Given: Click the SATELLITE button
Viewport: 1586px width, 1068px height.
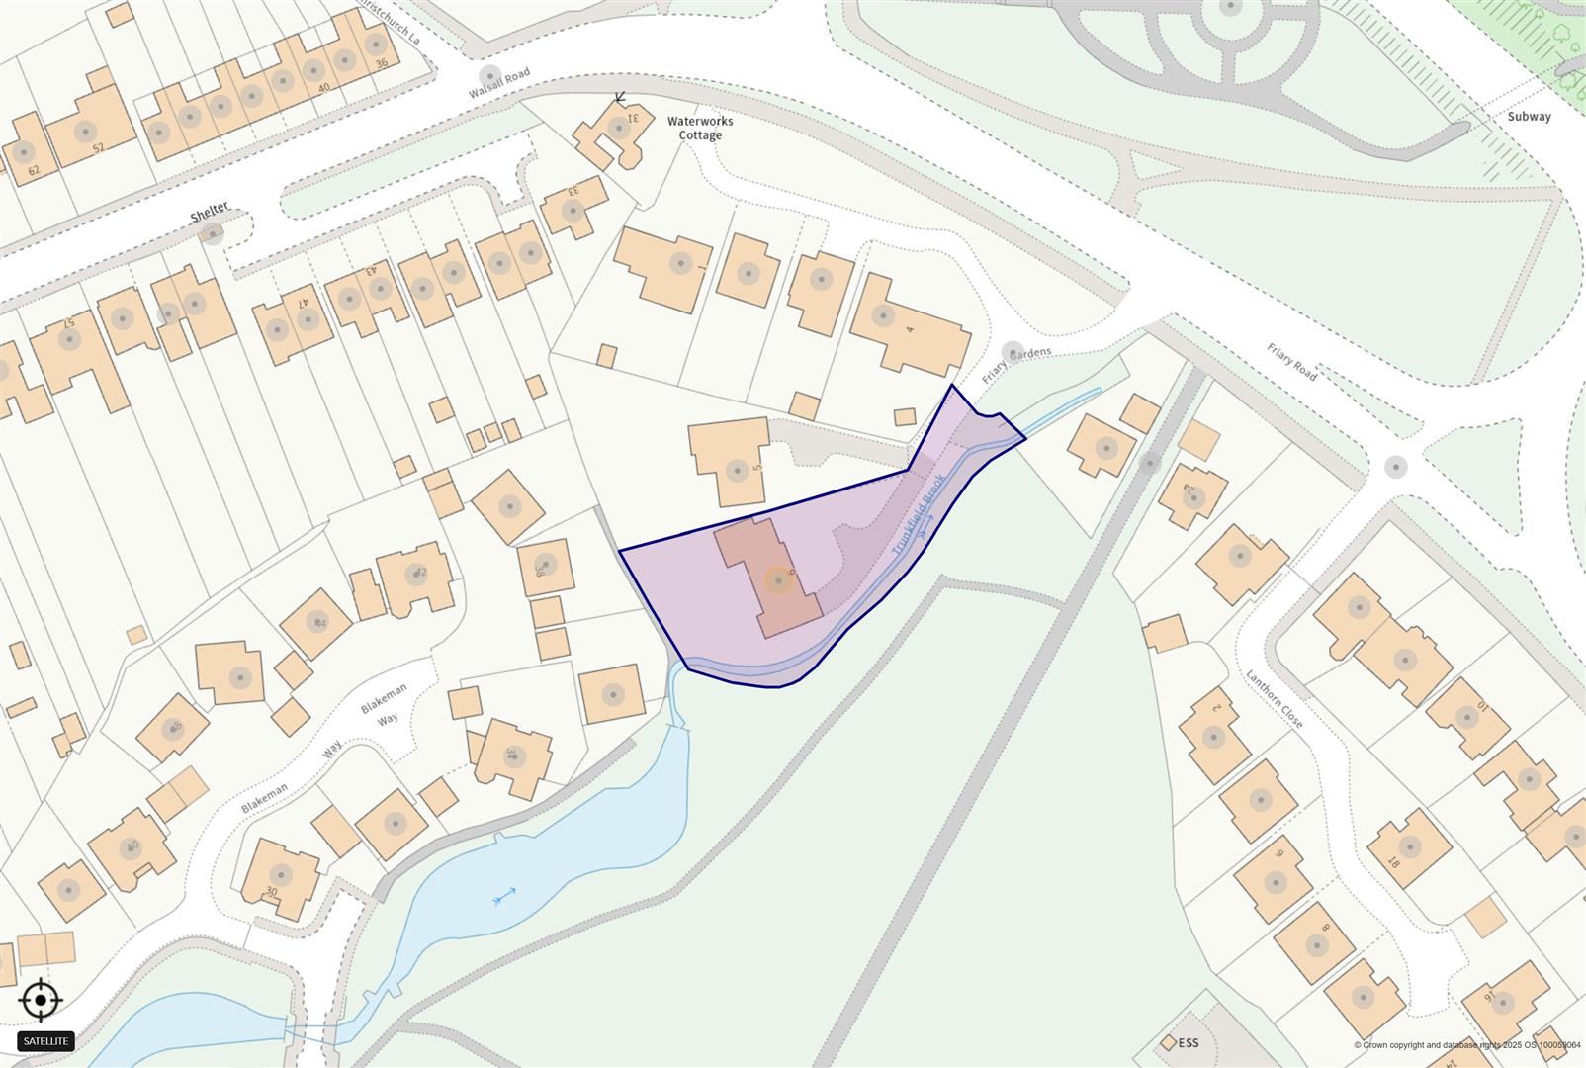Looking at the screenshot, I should click(45, 1041).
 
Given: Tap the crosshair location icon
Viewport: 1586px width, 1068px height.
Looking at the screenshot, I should click(41, 1001).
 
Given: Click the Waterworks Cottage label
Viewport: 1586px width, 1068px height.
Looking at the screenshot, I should click(700, 128).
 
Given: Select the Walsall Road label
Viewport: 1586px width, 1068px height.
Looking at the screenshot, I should click(499, 86).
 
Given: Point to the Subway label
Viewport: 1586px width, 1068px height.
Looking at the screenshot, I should click(1529, 116).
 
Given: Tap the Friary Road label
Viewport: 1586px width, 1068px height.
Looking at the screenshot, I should click(1291, 361).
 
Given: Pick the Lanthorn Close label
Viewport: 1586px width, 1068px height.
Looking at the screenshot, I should click(1275, 699).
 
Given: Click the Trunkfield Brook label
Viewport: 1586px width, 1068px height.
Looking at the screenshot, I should click(918, 514).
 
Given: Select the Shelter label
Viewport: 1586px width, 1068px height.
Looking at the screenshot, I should click(210, 211).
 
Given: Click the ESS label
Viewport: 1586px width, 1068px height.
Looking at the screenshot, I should click(1188, 1043).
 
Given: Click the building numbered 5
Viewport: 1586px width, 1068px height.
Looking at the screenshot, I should click(733, 460).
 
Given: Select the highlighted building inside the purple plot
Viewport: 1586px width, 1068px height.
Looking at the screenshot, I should click(776, 578).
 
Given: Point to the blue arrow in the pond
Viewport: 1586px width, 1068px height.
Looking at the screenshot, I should click(504, 897).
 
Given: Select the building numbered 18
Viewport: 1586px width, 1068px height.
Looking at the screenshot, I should click(1408, 848).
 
